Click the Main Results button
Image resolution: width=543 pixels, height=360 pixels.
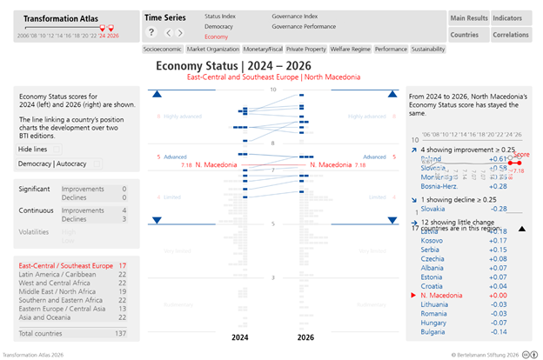pos(468,18)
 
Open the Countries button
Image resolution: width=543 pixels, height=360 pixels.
pos(464,35)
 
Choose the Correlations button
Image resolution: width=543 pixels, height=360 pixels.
pos(510,35)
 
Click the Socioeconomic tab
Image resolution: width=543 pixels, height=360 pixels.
pos(163,50)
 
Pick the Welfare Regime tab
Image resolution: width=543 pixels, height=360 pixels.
pos(345,50)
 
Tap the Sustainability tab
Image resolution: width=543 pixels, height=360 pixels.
pos(427,50)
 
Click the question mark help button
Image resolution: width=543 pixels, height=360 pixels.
pos(151,32)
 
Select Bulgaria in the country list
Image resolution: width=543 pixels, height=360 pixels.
pos(433,331)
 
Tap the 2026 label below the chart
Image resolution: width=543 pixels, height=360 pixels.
pos(305,337)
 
